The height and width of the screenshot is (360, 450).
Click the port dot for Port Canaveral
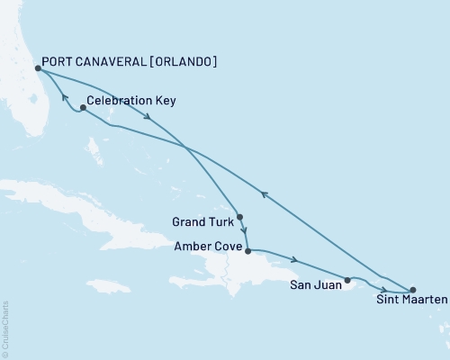click(37, 67)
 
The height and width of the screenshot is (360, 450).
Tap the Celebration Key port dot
click(83, 108)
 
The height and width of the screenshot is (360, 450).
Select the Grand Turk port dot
click(239, 217)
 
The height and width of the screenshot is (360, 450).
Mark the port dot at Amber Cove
click(247, 251)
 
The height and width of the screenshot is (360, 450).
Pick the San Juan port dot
click(348, 281)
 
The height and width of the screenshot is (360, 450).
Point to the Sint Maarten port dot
click(413, 290)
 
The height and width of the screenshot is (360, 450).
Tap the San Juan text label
click(315, 288)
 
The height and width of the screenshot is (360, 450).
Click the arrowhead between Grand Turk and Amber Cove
click(244, 232)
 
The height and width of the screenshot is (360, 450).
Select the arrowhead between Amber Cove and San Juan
click(297, 262)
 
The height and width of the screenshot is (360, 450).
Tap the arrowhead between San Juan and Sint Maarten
click(383, 287)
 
